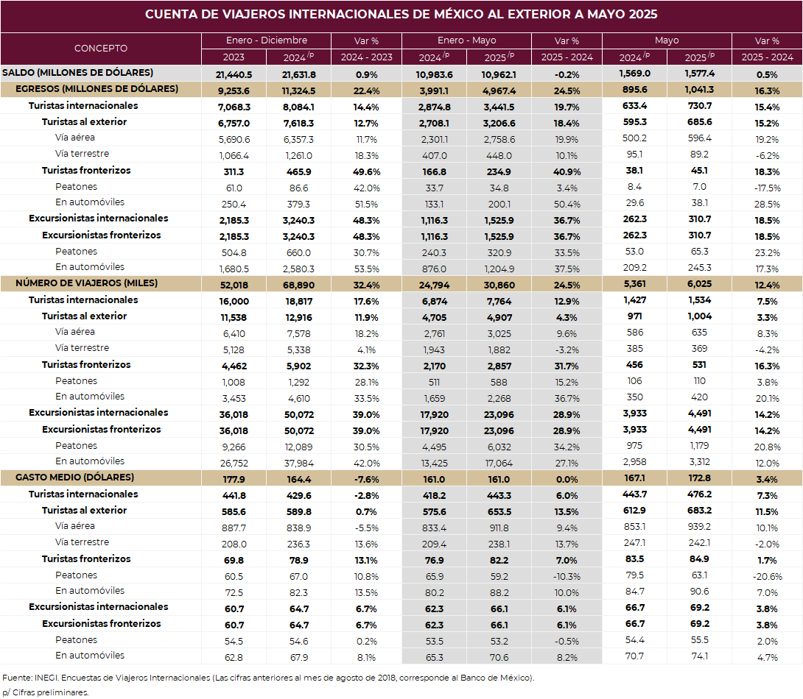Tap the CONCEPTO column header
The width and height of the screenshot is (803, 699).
click(101, 48)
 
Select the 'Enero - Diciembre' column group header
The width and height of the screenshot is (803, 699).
click(267, 40)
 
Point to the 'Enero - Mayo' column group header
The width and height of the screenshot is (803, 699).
click(466, 40)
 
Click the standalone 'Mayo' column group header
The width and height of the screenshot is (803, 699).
click(667, 40)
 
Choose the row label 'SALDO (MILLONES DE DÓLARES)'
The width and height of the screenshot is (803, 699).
click(78, 73)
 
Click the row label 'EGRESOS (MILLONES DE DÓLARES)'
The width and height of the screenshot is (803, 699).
click(97, 89)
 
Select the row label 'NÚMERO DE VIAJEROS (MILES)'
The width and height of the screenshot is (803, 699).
click(86, 283)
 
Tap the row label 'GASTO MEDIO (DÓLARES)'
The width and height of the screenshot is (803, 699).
click(74, 477)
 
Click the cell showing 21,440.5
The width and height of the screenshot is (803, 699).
click(234, 74)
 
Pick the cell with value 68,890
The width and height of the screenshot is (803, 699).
click(298, 285)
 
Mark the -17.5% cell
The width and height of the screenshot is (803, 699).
click(767, 188)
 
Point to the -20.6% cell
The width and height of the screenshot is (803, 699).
click(767, 576)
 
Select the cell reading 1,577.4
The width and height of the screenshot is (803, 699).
click(700, 74)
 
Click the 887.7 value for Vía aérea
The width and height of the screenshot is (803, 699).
click(234, 528)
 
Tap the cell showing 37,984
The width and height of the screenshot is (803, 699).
click(298, 463)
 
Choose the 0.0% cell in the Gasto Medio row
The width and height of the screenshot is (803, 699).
click(567, 479)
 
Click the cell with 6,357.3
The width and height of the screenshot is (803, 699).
click(298, 139)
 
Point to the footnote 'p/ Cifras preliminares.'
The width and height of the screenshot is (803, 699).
click(46, 692)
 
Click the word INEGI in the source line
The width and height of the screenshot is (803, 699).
click(46, 678)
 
